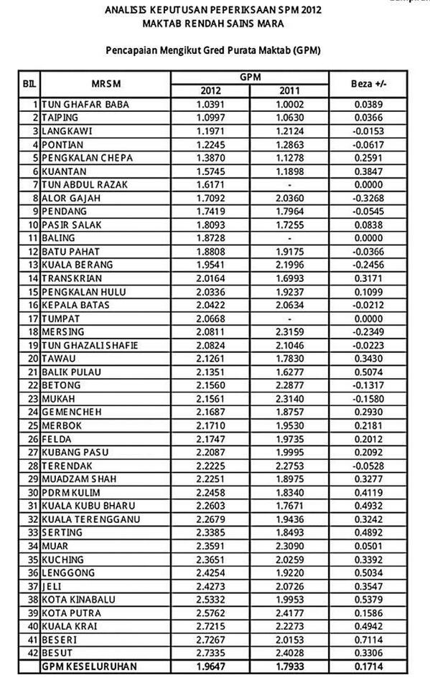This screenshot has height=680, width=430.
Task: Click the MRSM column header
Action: [x=104, y=83]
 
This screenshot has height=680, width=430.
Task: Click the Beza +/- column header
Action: [x=369, y=83]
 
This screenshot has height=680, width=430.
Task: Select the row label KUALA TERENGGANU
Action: [x=90, y=519]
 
